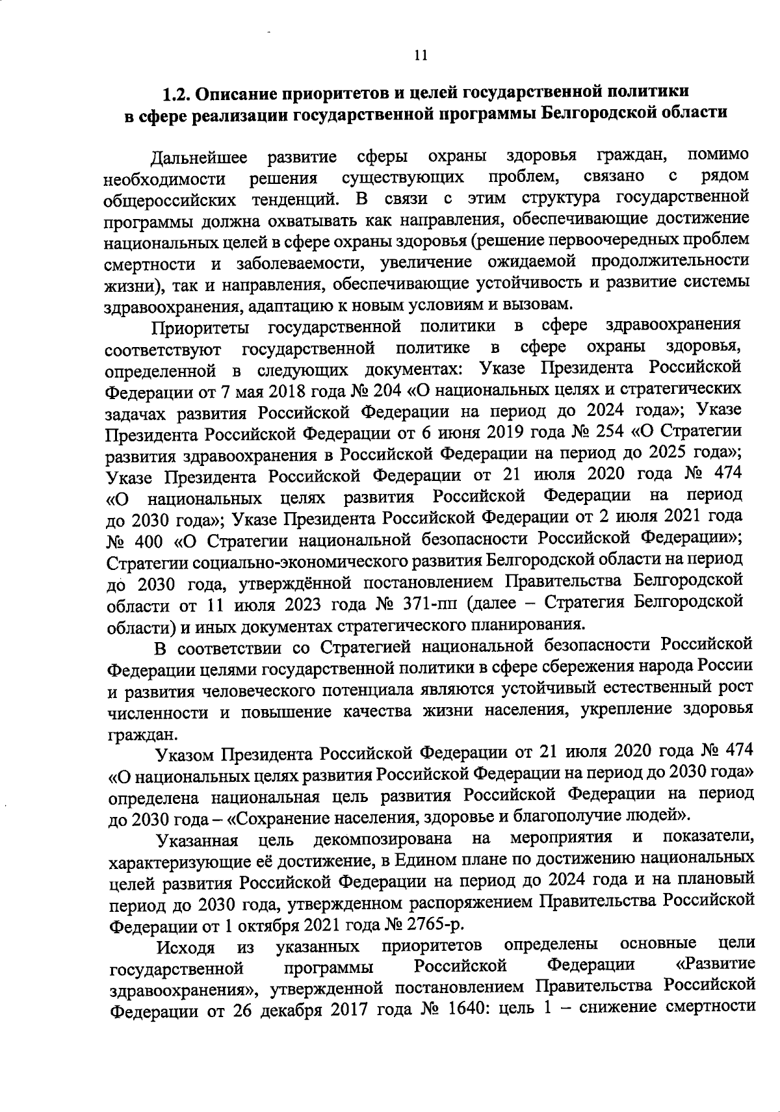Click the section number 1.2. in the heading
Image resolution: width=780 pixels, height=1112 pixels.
pyautogui.click(x=175, y=92)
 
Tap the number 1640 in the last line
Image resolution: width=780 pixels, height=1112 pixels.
pyautogui.click(x=466, y=1009)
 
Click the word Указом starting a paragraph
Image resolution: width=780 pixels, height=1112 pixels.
pyautogui.click(x=185, y=754)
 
